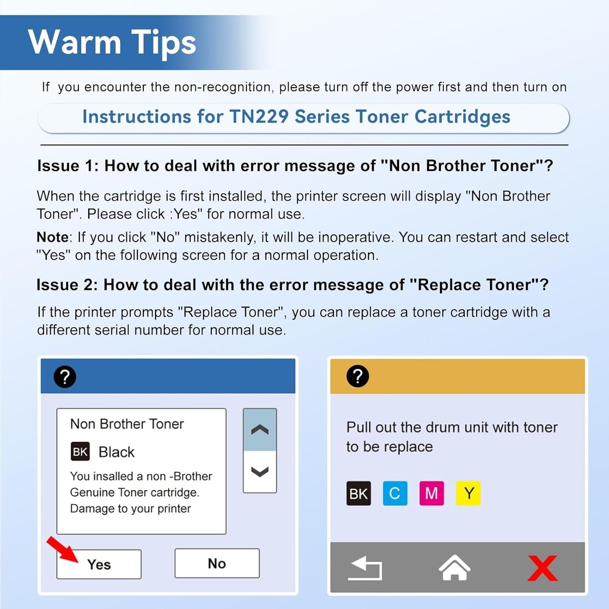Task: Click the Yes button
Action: point(99,564)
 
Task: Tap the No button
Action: point(217,563)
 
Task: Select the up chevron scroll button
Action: point(260,430)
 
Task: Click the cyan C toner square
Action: point(395,493)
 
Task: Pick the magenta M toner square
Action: point(432,493)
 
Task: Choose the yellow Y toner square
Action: point(468,493)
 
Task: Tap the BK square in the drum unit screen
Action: point(359,493)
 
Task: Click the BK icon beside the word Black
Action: point(80,452)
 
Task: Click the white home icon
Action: point(454,568)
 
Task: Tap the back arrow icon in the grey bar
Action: point(365,568)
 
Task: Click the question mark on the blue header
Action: point(65,377)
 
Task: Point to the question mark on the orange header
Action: point(357,376)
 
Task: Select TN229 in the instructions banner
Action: point(259,117)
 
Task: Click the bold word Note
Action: point(53,237)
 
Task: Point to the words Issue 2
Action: point(67,285)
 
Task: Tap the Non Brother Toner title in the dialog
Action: point(127,424)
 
